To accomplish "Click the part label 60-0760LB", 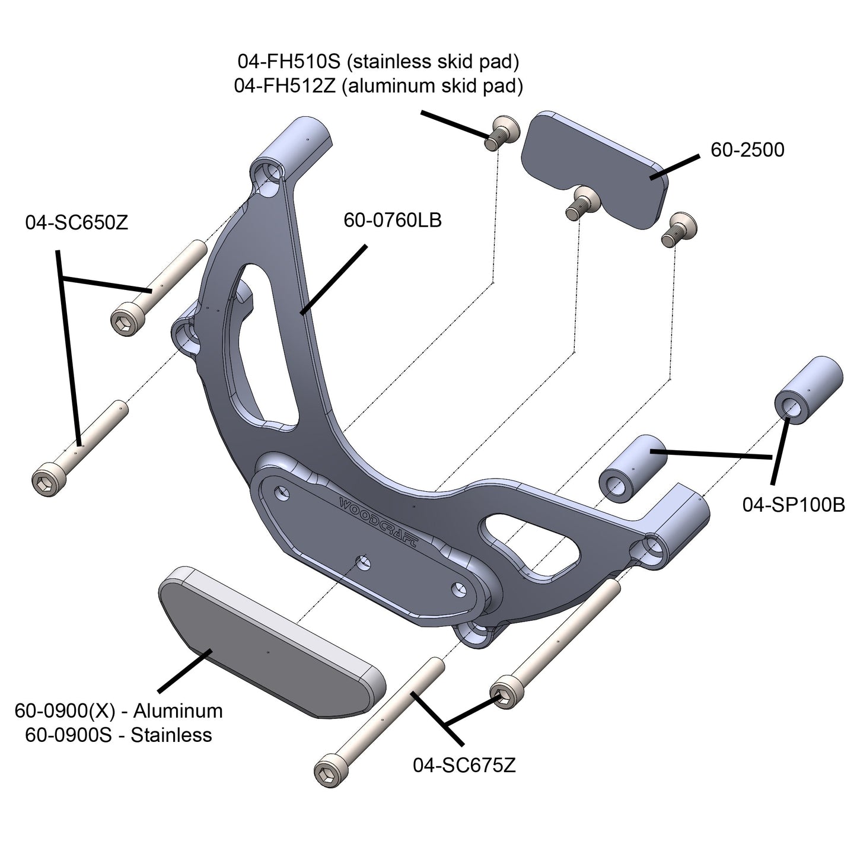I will pos(392,221).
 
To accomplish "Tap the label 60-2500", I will pos(747,149).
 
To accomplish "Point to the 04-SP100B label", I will pos(794,505).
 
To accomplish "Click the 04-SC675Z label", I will pos(464,765).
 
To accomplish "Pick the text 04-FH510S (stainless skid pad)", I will pos(378,60).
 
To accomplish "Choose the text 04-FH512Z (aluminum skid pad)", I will pos(378,86).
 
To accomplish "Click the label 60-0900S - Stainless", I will pos(118,735).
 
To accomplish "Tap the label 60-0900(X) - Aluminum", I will pos(118,710).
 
